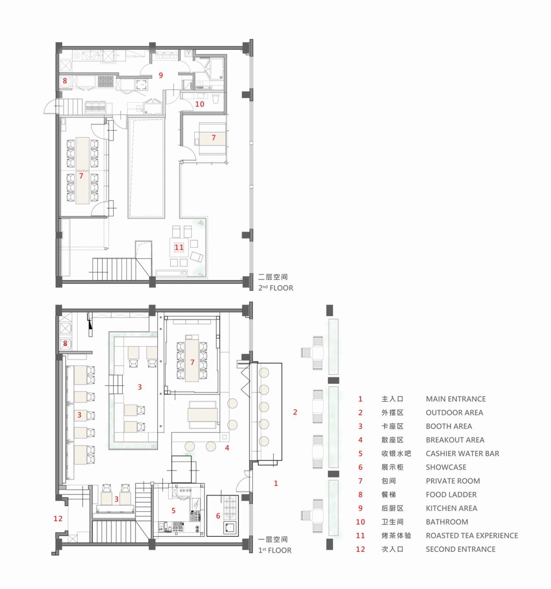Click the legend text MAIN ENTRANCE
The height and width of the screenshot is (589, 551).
(x=455, y=399)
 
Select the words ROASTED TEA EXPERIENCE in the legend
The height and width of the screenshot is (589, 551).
(x=472, y=536)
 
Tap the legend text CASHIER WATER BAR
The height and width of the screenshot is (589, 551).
(x=462, y=454)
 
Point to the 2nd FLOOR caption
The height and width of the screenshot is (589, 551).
(x=275, y=288)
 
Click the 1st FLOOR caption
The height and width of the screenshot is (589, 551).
(x=275, y=550)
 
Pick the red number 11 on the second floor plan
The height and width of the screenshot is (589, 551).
(x=179, y=248)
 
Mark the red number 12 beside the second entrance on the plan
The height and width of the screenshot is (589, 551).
(x=58, y=519)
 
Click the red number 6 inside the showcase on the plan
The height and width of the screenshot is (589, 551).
(x=218, y=516)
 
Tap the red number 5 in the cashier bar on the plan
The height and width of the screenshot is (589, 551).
(x=173, y=511)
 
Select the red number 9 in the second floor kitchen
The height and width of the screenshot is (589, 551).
(x=161, y=75)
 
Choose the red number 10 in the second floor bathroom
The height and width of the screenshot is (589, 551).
(x=200, y=104)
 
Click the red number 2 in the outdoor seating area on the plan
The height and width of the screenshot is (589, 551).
(x=295, y=412)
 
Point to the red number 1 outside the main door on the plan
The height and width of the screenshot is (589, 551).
(x=276, y=483)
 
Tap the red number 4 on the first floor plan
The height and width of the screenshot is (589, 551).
(x=227, y=448)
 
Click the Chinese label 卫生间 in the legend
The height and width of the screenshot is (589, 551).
(x=392, y=522)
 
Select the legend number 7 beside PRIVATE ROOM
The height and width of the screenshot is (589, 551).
(x=360, y=481)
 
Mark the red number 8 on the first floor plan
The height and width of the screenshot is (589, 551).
(x=65, y=344)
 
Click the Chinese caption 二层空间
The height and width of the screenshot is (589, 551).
(x=272, y=277)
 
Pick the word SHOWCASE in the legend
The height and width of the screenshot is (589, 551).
(x=446, y=467)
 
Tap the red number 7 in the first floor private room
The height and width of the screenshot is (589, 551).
(x=192, y=362)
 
